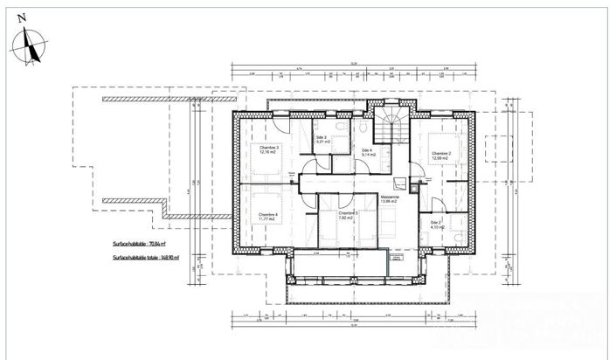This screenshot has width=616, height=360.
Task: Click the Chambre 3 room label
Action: (269, 148)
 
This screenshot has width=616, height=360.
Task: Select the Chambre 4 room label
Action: (268, 214)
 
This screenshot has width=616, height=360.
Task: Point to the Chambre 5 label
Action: (347, 212)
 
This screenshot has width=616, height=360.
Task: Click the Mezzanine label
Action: (390, 197)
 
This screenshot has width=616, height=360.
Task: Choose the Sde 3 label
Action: (321, 137)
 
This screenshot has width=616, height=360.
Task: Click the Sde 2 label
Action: (436, 222)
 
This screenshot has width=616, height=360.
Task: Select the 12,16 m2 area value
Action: (269, 154)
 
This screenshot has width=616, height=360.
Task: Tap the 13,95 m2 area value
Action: (390, 203)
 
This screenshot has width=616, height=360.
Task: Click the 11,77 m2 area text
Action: (268, 219)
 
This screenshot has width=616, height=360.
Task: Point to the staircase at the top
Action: (391, 128)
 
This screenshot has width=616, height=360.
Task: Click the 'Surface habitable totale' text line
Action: (150, 259)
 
